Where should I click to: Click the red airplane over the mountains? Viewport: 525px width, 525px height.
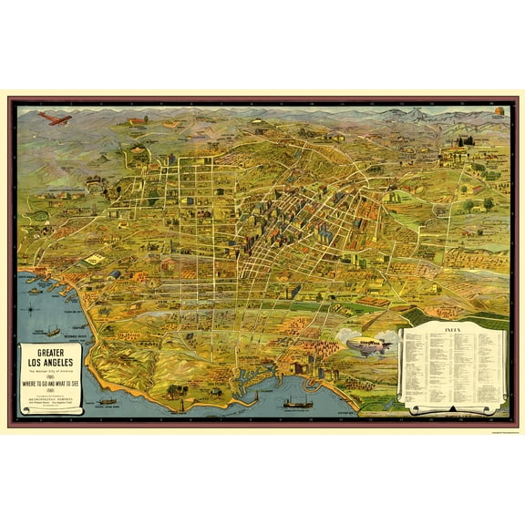(54, 118)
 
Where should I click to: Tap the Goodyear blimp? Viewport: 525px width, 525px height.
(365, 346)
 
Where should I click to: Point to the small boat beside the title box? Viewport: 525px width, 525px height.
(107, 400)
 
